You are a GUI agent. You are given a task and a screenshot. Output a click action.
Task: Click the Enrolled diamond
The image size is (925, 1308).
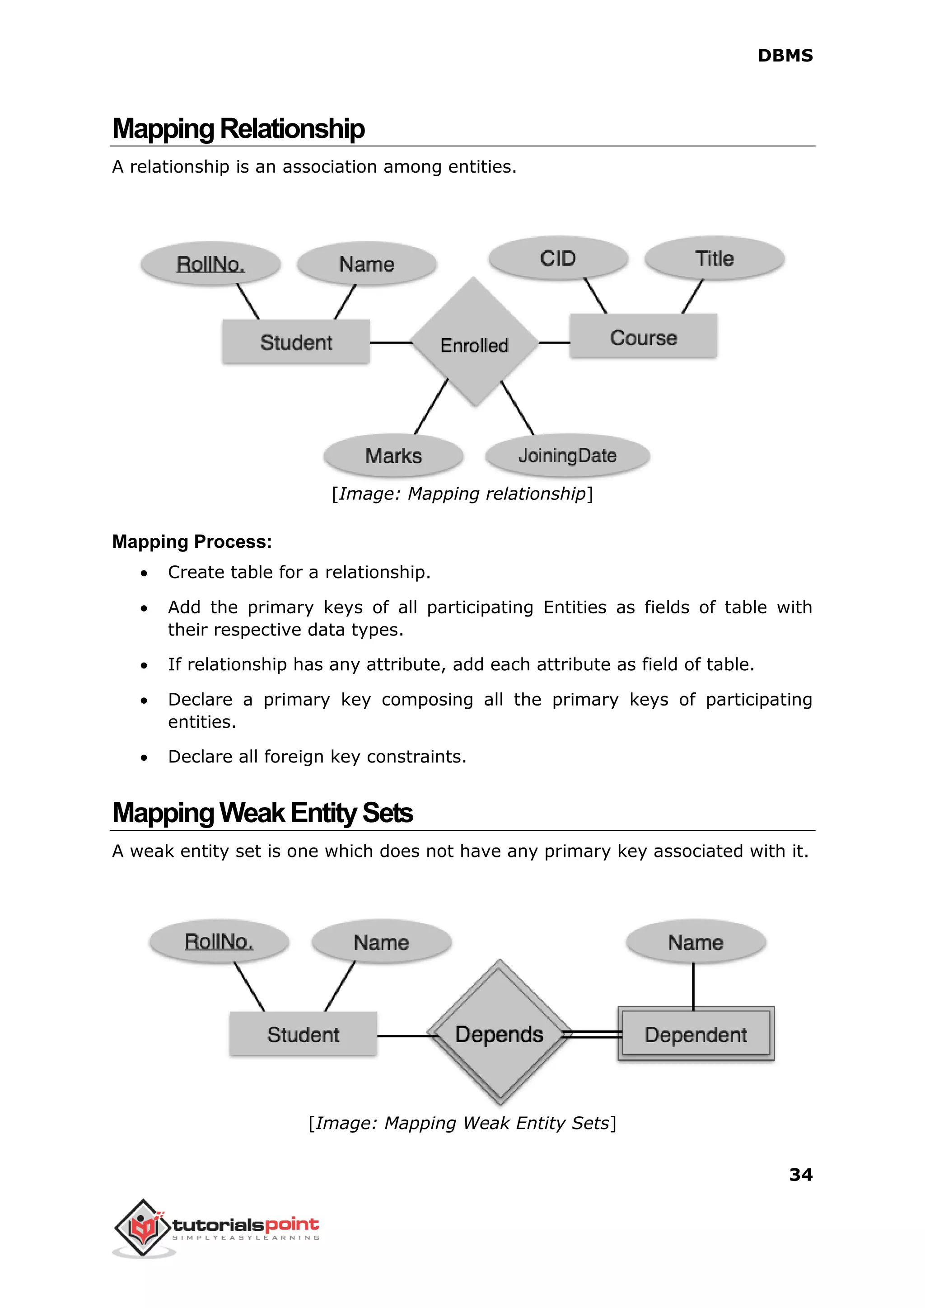click(474, 343)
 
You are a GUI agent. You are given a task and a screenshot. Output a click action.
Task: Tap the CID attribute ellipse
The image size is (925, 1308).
click(558, 258)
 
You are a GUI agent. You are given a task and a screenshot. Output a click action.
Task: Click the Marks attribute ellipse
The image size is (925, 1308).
click(393, 456)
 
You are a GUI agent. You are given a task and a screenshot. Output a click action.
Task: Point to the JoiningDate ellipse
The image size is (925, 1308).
click(567, 456)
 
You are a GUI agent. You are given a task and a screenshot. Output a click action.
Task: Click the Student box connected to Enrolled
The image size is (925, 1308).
click(296, 342)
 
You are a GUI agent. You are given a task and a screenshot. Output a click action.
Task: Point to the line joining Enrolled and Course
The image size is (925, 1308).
click(554, 343)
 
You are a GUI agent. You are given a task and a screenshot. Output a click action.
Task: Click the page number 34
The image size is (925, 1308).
click(800, 1175)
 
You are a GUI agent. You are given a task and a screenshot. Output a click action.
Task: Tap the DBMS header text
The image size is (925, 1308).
click(785, 56)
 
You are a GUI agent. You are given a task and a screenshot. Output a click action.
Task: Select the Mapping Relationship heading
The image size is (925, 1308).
click(238, 129)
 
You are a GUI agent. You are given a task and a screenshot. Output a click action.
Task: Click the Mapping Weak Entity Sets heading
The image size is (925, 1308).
click(262, 813)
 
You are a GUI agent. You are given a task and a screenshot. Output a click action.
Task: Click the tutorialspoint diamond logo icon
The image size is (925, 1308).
click(143, 1227)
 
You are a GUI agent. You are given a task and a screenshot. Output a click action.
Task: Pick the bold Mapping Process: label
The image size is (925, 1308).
click(192, 541)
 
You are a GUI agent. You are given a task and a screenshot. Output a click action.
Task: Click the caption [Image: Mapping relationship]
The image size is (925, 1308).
click(462, 494)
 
